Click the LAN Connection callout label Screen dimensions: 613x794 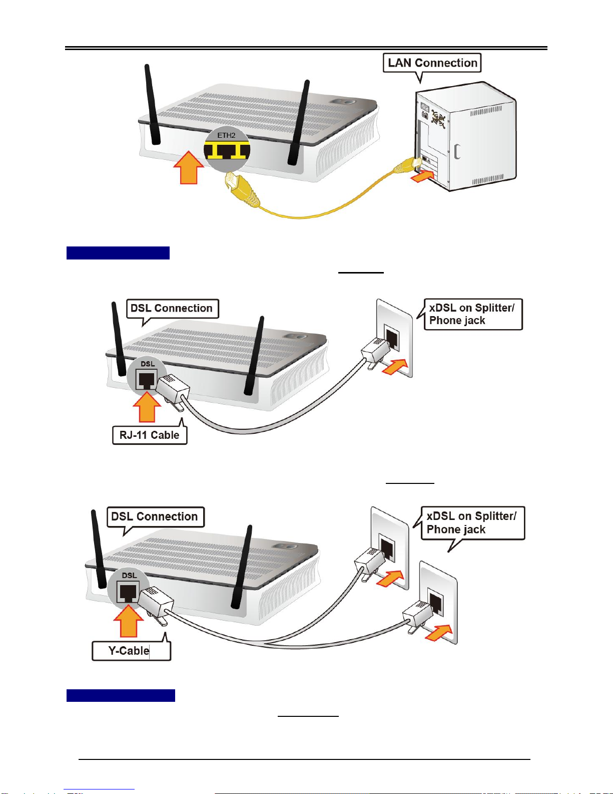click(432, 63)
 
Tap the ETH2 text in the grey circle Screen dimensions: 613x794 click(226, 135)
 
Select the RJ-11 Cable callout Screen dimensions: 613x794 click(150, 435)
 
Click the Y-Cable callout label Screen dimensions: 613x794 click(131, 651)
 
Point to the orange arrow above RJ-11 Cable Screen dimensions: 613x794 click(147, 406)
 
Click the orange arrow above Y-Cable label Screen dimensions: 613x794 click(129, 621)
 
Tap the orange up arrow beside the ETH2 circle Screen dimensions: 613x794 click(189, 167)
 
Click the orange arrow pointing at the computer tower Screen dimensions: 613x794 click(423, 176)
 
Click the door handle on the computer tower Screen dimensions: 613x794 click(457, 151)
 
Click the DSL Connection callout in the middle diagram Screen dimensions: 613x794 click(172, 308)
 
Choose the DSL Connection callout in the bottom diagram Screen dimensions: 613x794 click(155, 516)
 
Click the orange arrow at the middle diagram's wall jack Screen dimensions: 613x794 click(394, 367)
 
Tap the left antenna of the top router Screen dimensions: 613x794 click(153, 104)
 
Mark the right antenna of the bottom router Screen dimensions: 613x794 click(242, 567)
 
